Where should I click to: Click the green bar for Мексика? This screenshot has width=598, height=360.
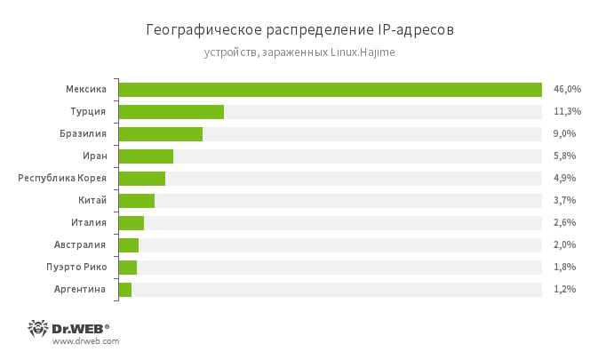(330, 90)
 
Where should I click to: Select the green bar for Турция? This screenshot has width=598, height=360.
(171, 112)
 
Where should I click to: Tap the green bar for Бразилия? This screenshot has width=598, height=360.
(160, 134)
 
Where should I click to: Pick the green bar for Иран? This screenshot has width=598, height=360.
(146, 156)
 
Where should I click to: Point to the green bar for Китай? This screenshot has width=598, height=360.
(136, 201)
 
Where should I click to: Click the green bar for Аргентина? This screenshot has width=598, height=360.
(124, 290)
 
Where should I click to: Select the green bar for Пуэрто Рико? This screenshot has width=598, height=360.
(127, 268)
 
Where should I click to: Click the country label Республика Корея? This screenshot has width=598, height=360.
(62, 179)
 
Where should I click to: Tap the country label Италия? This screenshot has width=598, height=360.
(89, 223)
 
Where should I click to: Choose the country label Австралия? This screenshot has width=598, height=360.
(81, 245)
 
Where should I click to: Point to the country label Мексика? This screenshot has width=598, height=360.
(86, 90)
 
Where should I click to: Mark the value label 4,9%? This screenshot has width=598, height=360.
(564, 179)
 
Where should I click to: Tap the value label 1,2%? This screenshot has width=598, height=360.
(564, 290)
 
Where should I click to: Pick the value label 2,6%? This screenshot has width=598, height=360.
(564, 223)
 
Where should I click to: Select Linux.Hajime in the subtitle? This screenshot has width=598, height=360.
(363, 53)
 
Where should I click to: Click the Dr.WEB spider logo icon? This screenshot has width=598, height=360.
(38, 328)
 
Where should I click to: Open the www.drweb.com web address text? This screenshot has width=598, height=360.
(86, 341)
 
